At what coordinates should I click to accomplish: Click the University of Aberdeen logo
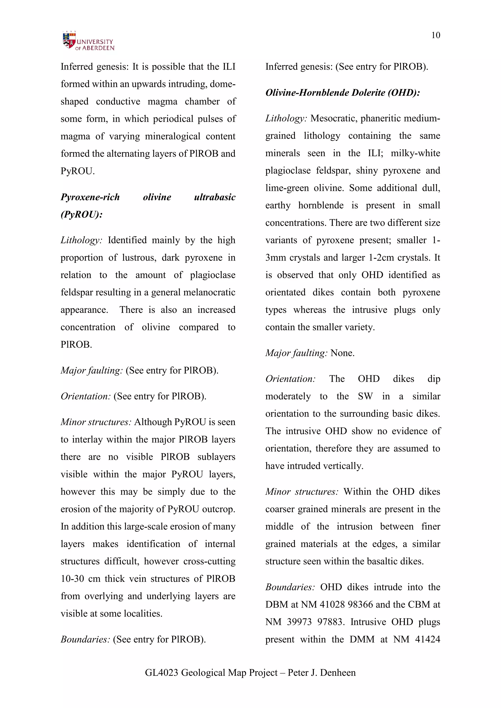88,41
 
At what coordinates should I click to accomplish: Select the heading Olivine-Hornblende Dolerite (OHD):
342,92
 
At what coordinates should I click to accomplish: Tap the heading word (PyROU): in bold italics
81,214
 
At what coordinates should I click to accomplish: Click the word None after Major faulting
342,353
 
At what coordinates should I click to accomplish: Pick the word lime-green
287,188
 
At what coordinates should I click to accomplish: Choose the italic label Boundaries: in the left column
85,639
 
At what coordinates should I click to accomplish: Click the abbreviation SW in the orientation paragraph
365,396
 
